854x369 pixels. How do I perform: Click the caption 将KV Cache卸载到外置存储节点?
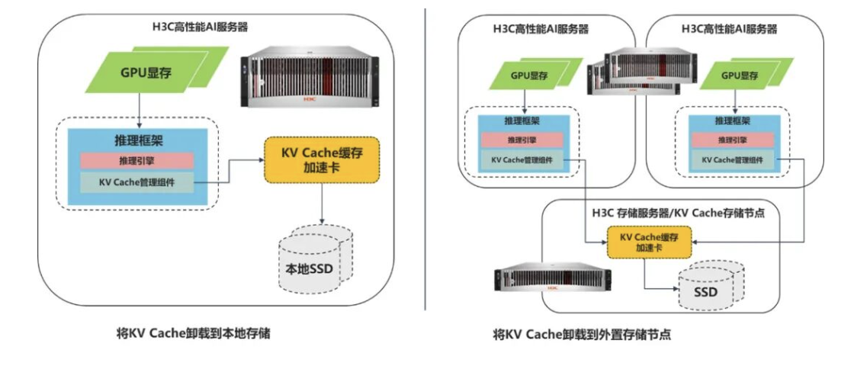[x=582, y=334]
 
